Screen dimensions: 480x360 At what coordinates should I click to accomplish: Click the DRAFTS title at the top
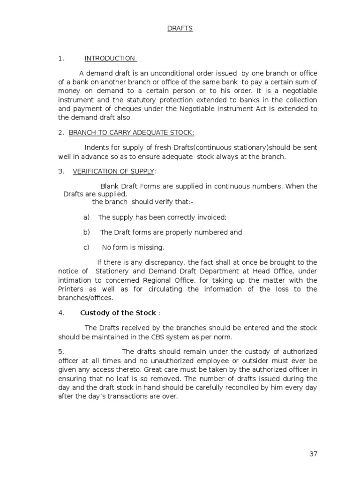(x=180, y=28)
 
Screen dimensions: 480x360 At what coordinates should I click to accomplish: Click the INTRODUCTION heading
(x=110, y=59)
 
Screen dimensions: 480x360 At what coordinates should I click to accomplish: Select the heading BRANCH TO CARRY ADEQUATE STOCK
(x=131, y=133)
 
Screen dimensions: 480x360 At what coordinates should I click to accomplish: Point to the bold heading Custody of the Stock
(x=118, y=313)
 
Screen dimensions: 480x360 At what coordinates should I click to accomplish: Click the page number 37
(x=313, y=454)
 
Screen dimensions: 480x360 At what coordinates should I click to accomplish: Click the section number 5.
(x=60, y=352)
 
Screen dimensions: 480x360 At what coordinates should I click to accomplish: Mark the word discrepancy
(x=165, y=262)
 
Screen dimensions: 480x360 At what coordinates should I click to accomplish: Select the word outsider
(x=256, y=360)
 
